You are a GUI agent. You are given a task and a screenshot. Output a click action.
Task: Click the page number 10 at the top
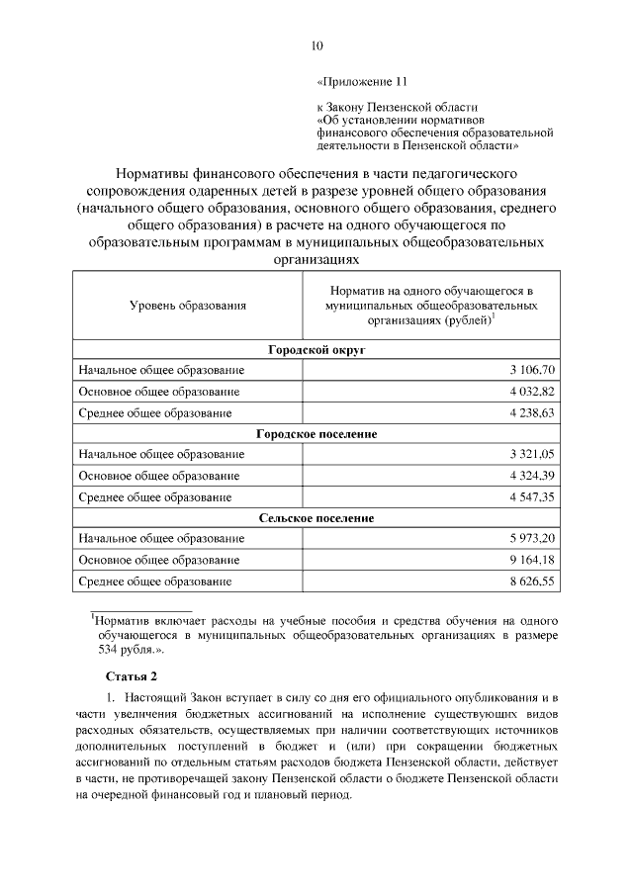tap(316, 45)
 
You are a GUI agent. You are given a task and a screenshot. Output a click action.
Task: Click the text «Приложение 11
tap(361, 82)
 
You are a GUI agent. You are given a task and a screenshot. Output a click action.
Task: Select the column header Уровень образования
tap(187, 307)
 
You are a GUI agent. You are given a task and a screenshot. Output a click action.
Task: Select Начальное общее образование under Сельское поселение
tap(161, 538)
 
